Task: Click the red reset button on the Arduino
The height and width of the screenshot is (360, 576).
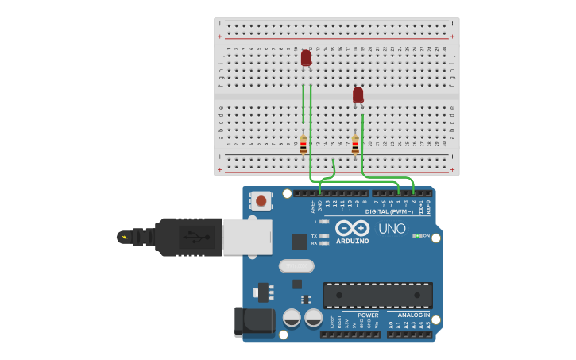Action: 261,201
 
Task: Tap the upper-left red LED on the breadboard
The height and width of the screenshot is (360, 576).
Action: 306,58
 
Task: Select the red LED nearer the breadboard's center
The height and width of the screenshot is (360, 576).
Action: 358,95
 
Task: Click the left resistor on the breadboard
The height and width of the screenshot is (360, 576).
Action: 303,145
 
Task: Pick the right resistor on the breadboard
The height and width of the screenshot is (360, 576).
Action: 355,145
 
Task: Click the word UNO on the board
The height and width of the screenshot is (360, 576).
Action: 392,229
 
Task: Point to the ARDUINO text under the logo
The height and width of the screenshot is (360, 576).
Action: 352,241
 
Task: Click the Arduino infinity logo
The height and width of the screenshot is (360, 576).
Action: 352,227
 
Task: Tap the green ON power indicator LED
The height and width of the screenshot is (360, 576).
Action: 416,236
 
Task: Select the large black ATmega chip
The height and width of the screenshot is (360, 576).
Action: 377,296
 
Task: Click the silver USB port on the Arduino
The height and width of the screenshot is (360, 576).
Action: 247,237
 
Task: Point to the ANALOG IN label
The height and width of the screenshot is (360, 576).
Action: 414,315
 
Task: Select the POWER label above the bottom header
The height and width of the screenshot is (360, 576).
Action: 368,315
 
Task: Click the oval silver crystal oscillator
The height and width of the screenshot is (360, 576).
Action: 296,265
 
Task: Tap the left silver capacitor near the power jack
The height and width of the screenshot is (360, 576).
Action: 292,318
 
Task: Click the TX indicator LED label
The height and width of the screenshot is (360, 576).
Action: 315,236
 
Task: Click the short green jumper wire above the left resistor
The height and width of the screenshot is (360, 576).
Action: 303,103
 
